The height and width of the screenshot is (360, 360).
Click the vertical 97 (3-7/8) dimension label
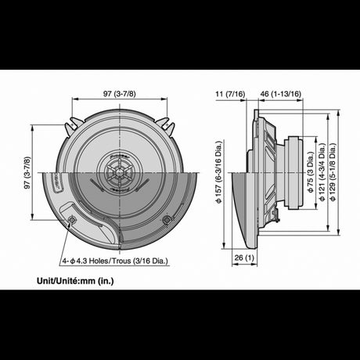click(x=27, y=172)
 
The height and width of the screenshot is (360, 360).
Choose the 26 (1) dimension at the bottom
click(x=244, y=257)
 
